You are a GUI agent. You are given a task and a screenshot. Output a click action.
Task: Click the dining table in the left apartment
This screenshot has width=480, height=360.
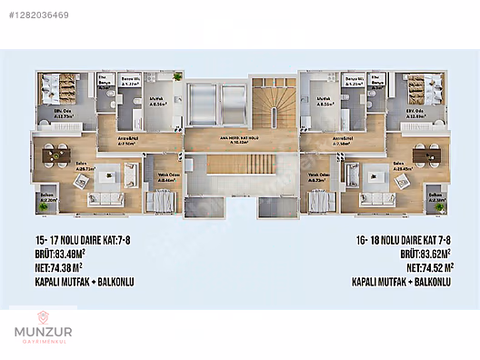52,151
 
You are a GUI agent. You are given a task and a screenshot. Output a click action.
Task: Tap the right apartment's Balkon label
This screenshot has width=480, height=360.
436,195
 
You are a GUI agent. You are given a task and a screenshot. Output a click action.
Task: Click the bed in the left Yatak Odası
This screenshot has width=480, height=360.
165,201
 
